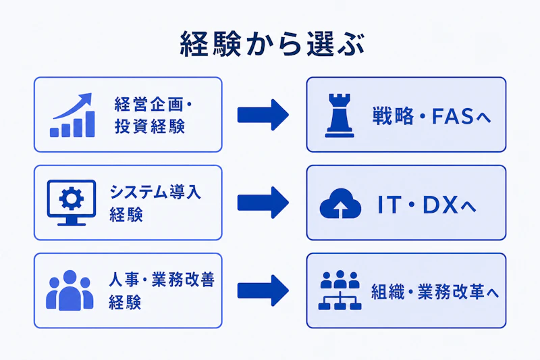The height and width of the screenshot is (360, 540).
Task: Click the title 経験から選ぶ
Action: tap(272, 45)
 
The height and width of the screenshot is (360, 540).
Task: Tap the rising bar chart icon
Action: tap(72, 115)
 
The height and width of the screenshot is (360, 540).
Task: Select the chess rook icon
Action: tap(340, 115)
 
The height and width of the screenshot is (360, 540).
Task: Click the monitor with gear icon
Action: tap(72, 203)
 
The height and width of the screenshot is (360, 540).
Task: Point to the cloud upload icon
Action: tap(340, 203)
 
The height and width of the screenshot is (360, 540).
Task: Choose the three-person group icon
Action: tap(70, 290)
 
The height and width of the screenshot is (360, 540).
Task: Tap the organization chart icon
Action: tap(340, 290)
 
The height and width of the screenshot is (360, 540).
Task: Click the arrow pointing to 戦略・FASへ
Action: tap(263, 115)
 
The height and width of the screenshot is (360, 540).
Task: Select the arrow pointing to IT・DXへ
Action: tap(263, 203)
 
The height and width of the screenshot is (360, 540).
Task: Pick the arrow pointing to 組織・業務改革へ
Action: tap(263, 290)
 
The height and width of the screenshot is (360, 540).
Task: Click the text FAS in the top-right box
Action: tap(452, 116)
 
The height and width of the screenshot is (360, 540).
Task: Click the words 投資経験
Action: tap(150, 126)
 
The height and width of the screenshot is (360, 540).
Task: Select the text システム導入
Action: tap(155, 192)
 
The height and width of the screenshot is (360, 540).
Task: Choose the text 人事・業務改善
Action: tap(161, 280)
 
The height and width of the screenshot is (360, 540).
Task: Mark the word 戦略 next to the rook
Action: tap(393, 116)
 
